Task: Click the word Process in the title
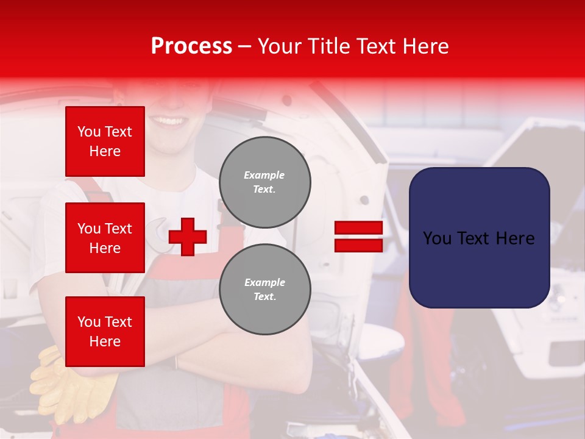[x=191, y=46]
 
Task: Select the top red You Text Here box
[x=105, y=141]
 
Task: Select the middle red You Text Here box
[x=105, y=238]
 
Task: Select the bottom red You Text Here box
[x=105, y=332]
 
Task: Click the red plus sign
[x=188, y=237]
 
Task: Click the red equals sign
[x=358, y=237]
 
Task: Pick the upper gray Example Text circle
[x=265, y=182]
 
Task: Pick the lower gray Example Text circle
[x=265, y=290]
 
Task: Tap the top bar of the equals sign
[x=358, y=228]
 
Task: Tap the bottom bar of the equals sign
[x=358, y=245]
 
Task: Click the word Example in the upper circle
[x=264, y=175]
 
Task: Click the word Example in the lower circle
[x=264, y=282]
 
